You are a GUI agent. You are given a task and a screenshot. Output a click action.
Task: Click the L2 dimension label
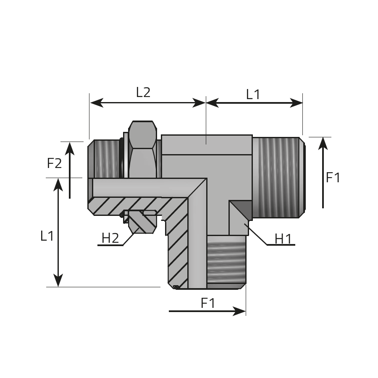pos(143,92)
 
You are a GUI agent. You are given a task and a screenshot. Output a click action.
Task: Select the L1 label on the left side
pos(47,236)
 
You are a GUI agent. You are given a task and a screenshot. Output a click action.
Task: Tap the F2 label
pos(55,163)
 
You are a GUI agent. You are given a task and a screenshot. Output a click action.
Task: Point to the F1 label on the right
pos(333,178)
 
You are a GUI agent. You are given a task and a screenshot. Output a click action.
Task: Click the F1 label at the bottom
pos(208,303)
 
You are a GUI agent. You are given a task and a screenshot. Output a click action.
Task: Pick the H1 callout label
pos(283,239)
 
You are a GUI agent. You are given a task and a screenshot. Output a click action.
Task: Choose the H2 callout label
pos(110,238)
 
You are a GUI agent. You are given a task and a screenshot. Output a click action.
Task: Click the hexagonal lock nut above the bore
pos(143,150)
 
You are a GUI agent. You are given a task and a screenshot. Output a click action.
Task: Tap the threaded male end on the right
pos(278,178)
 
